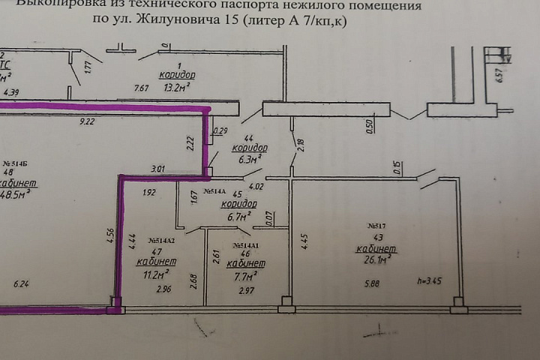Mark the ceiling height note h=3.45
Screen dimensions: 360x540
pyautogui.click(x=429, y=282)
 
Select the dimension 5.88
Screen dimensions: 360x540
pyautogui.click(x=372, y=283)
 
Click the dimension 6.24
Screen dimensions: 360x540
pyautogui.click(x=22, y=283)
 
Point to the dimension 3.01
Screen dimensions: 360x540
pyautogui.click(x=157, y=170)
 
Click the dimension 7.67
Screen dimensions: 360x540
pyautogui.click(x=141, y=88)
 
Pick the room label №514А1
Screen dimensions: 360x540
pyautogui.click(x=247, y=245)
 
